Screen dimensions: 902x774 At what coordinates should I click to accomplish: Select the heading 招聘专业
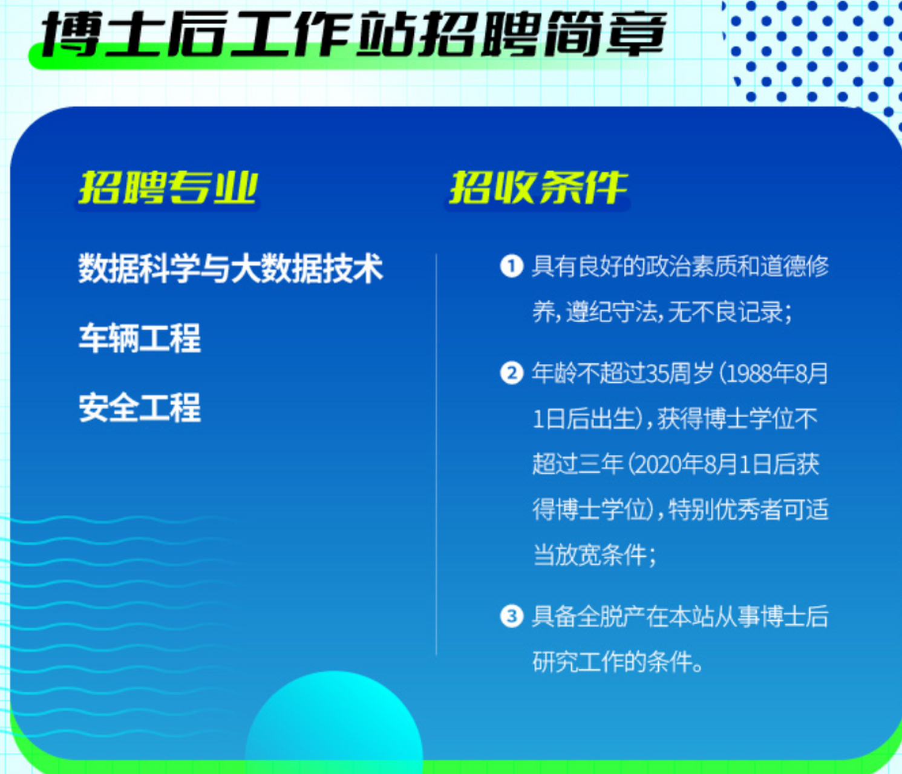168,187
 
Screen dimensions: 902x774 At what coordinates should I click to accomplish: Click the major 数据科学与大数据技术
230,268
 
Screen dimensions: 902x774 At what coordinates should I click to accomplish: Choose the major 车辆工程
140,338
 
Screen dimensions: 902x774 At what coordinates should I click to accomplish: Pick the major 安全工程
140,408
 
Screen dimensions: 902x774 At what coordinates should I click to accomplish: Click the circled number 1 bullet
511,265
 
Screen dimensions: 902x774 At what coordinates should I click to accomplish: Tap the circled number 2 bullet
511,373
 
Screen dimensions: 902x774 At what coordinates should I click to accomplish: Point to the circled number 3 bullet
511,616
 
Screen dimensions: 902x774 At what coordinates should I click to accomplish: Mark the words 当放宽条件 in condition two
590,556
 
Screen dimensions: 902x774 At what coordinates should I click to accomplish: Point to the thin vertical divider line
436,454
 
